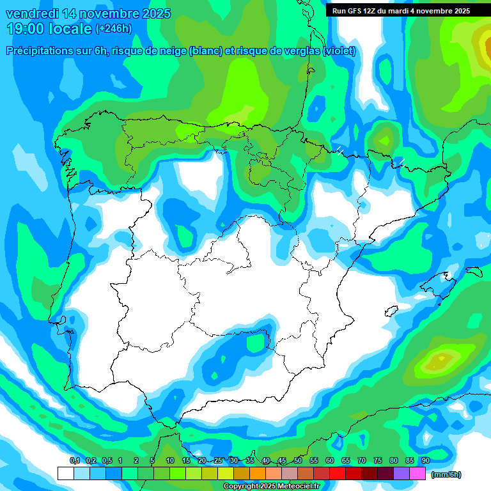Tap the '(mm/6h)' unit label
pyautogui.click(x=446, y=474)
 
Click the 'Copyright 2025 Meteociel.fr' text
pyautogui.click(x=271, y=487)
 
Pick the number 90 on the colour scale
pyautogui.click(x=425, y=461)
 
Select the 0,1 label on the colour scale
pyautogui.click(x=75, y=461)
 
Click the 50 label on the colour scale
pyautogui.click(x=298, y=461)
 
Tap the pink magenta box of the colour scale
pyautogui.click(x=417, y=474)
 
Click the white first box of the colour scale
pyautogui.click(x=65, y=474)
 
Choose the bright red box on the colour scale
pyautogui.click(x=338, y=474)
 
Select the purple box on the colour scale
pyautogui.click(x=401, y=474)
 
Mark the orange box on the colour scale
pyautogui.click(x=258, y=474)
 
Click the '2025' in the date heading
pyautogui.click(x=153, y=13)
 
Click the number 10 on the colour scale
pyautogui.click(x=170, y=461)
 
